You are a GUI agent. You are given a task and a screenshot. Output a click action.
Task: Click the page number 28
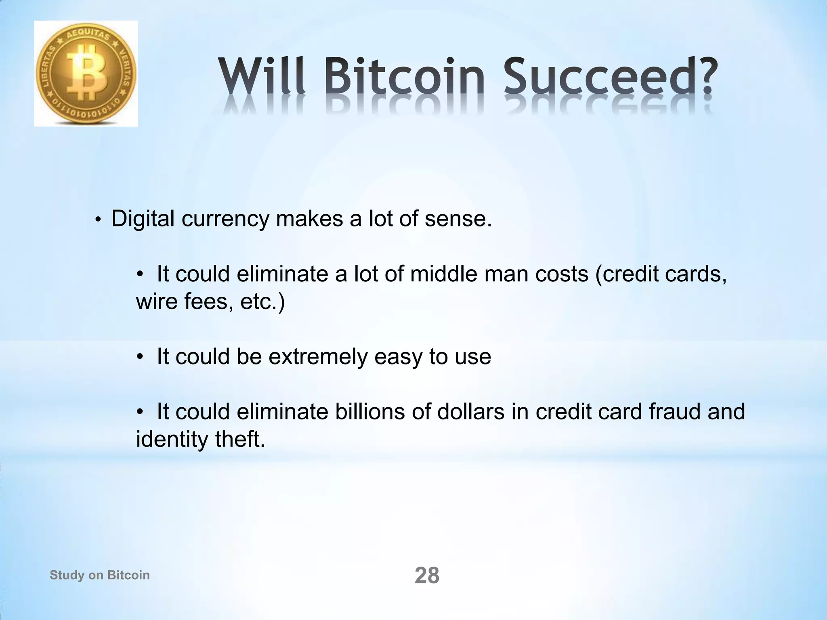(x=427, y=576)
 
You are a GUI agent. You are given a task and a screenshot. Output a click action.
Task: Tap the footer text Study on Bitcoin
(x=100, y=575)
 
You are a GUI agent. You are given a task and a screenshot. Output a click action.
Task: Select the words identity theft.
(x=200, y=439)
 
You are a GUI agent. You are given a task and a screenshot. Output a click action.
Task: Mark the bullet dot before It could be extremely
(x=140, y=357)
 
